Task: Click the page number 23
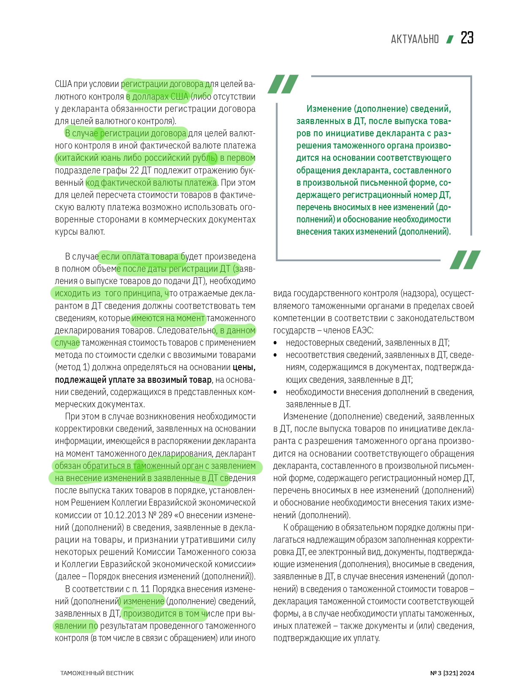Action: click(x=467, y=38)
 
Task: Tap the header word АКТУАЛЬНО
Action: click(x=415, y=39)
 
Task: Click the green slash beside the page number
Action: click(x=450, y=39)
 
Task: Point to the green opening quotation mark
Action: click(x=283, y=84)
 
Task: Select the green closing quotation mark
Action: click(x=465, y=260)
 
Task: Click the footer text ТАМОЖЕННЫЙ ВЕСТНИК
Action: click(x=97, y=673)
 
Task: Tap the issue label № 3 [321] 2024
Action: click(x=452, y=673)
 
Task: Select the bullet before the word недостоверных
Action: click(x=276, y=343)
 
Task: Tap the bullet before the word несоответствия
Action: click(x=276, y=355)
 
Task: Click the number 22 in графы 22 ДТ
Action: click(x=134, y=170)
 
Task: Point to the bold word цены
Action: click(x=244, y=368)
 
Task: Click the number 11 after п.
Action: click(x=145, y=589)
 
